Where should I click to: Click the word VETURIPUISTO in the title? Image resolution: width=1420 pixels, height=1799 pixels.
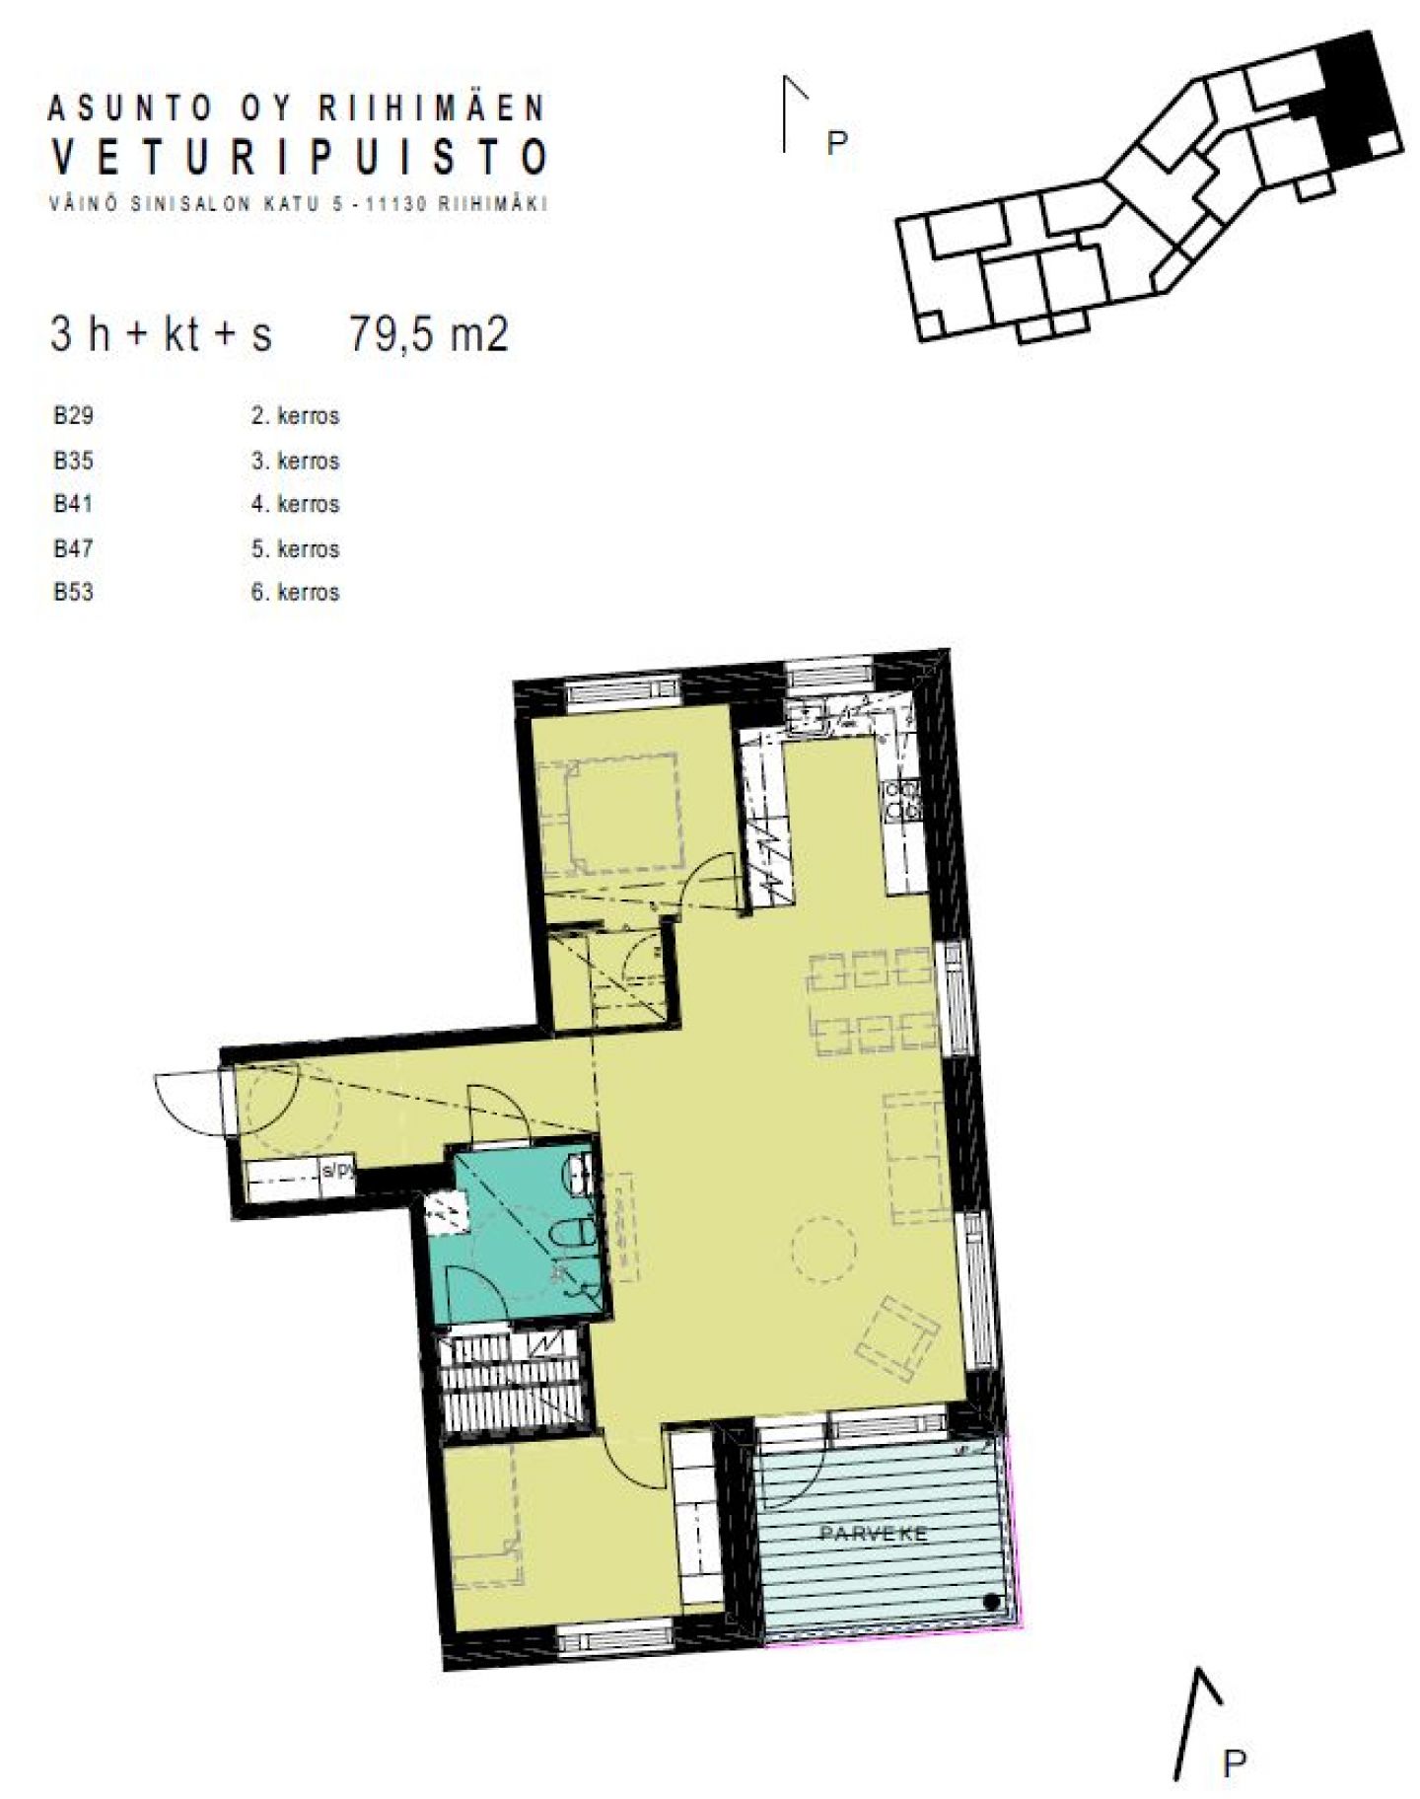point(299,157)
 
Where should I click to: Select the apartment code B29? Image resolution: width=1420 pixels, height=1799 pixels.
point(73,415)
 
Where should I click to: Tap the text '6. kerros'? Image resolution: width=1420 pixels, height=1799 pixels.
point(295,592)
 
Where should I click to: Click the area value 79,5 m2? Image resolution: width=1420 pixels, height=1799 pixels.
point(429,334)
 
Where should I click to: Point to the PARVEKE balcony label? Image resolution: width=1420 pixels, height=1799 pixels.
point(874,1534)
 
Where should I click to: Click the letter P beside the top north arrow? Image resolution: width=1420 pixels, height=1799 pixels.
point(836,143)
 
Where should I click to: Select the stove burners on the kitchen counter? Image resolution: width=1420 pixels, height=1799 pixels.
point(903,800)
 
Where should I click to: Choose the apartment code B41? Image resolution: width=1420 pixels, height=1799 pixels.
point(73,504)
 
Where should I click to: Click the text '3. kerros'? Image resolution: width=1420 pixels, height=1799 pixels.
point(295,461)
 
